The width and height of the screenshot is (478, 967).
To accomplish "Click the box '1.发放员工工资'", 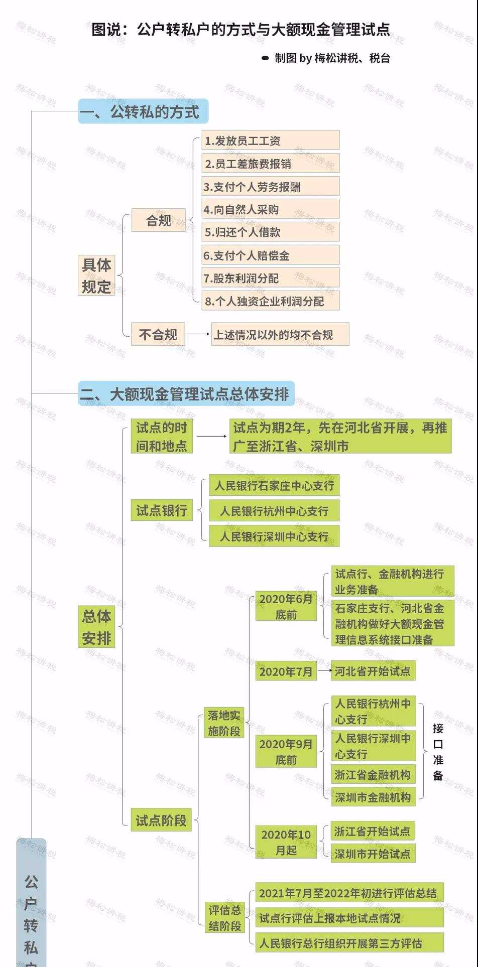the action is click(271, 141).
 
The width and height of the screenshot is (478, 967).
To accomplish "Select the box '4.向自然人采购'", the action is click(271, 209).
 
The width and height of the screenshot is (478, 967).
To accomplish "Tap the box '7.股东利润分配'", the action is click(271, 278).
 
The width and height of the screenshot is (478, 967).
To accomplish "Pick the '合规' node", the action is click(158, 220).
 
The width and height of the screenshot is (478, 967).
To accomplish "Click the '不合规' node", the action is click(158, 334).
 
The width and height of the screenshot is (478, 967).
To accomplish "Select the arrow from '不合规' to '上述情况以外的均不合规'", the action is click(199, 334).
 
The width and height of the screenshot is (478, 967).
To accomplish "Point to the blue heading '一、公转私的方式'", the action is click(143, 111).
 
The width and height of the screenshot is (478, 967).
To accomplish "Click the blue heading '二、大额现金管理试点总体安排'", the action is click(186, 394).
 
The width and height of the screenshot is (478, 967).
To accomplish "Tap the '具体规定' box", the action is click(96, 275).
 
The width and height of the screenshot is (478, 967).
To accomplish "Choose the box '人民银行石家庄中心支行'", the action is click(274, 485).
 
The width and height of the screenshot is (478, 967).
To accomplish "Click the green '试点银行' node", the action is click(162, 510).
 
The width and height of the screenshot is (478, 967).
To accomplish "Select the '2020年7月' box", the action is click(286, 671).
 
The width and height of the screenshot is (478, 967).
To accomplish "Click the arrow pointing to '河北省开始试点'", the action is click(325, 670).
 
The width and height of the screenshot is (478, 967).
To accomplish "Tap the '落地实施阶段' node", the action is click(224, 723).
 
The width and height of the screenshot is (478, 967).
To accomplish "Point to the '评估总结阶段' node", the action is click(224, 917).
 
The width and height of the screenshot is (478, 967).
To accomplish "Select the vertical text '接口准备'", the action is click(438, 752).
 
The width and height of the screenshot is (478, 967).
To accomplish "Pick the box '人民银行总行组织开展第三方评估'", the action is click(349, 943).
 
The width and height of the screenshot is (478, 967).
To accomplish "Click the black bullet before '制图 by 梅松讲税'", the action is click(266, 58).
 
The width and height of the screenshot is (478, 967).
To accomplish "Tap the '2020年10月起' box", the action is click(286, 843).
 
